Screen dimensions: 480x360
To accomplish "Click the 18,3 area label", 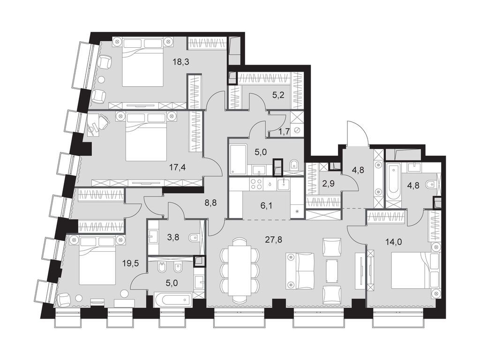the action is [181, 62].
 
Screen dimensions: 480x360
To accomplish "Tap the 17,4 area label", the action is [178, 167].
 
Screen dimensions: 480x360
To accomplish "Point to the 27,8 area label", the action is [274, 239].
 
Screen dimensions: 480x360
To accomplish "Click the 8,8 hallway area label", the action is [211, 202].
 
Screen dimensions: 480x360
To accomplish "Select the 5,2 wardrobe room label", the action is [278, 95].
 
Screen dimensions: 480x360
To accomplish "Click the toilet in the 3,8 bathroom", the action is [194, 238].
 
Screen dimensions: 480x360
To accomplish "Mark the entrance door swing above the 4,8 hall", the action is [357, 134].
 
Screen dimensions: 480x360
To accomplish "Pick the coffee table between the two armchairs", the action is [332, 270].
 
